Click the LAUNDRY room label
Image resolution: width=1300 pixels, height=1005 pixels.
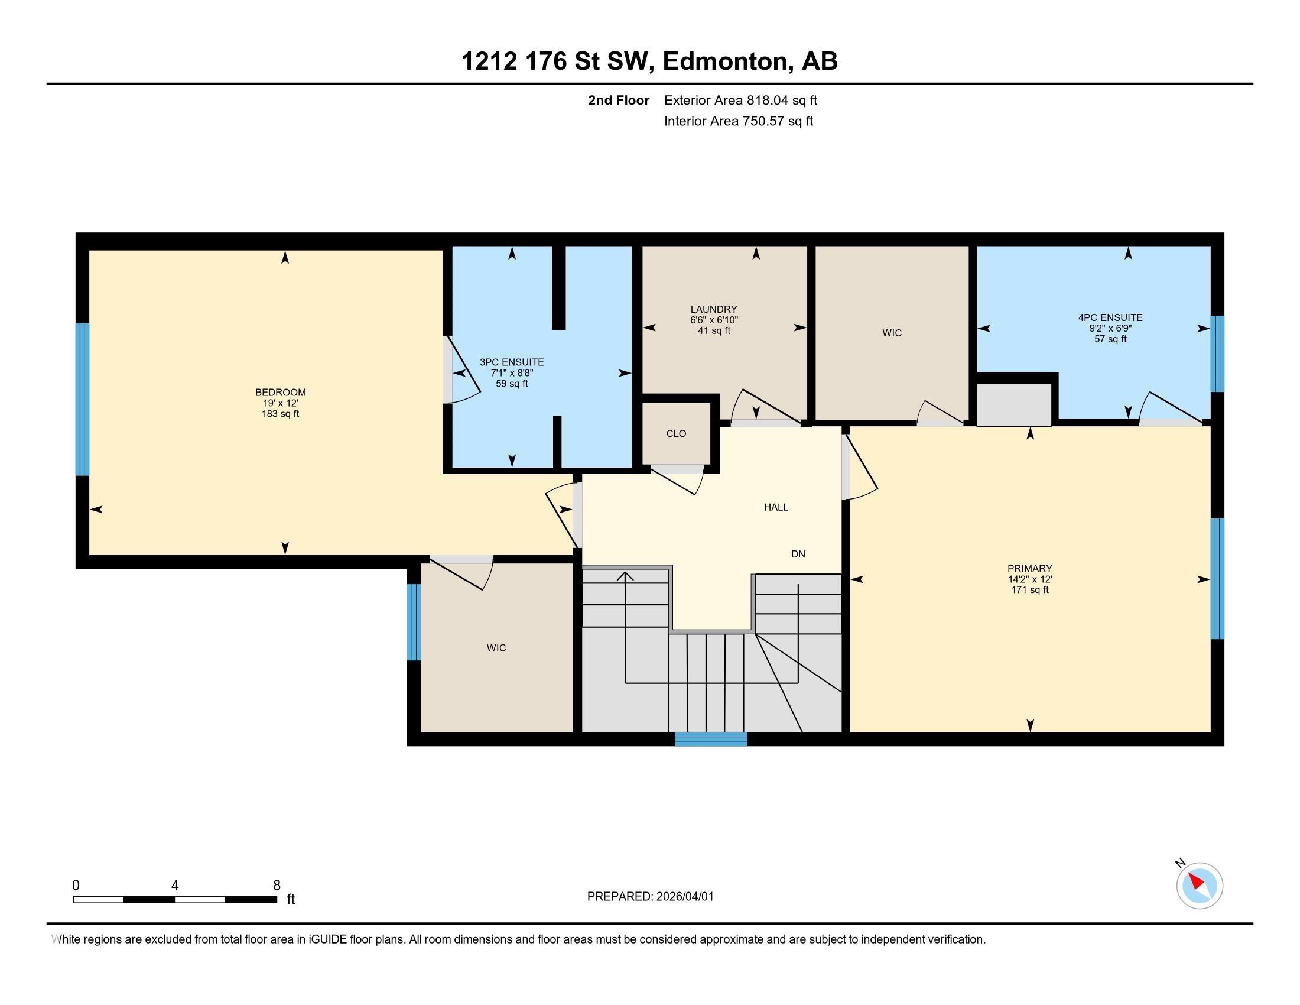(x=714, y=309)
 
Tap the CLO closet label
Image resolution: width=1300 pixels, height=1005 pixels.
(x=675, y=433)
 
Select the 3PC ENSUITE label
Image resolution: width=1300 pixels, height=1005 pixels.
(x=511, y=362)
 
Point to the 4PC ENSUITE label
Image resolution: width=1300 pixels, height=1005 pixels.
(x=1110, y=317)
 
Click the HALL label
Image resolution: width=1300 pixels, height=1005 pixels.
(x=776, y=507)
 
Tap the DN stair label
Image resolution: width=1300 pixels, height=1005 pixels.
(x=798, y=554)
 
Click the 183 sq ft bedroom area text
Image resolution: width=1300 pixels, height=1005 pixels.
(x=280, y=414)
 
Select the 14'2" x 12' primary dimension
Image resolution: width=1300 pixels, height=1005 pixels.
(x=1029, y=579)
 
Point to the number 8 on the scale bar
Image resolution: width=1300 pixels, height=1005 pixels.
(x=276, y=886)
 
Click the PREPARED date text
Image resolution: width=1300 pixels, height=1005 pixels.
(x=650, y=897)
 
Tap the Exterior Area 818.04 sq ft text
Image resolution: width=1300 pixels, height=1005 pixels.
(x=740, y=100)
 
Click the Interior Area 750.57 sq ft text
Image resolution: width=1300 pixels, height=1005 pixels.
(x=738, y=121)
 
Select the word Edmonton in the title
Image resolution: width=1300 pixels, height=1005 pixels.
(x=725, y=61)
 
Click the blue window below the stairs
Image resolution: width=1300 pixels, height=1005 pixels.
(x=710, y=739)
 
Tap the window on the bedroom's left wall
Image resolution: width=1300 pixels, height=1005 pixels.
(x=82, y=399)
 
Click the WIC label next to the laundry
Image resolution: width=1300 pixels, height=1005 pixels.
(x=891, y=333)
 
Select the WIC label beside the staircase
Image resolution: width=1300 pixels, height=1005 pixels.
(x=496, y=648)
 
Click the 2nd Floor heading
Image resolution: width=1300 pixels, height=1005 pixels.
(x=618, y=100)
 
